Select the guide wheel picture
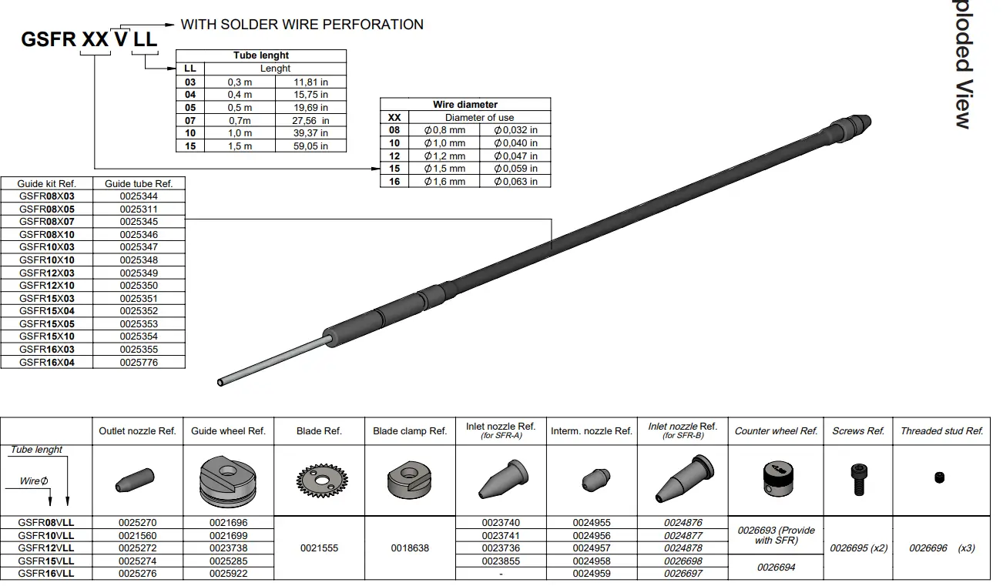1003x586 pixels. click(228, 480)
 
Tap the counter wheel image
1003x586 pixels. click(775, 479)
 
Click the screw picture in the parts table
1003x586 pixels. click(858, 479)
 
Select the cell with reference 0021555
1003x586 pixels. click(318, 548)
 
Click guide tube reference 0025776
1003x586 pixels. click(139, 362)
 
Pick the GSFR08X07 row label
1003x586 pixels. click(47, 222)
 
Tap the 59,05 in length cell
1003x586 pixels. click(311, 146)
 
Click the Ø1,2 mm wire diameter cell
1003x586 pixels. click(444, 156)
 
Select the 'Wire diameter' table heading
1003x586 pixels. click(465, 104)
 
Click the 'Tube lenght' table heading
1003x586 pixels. click(261, 55)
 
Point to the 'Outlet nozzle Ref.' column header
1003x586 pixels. click(137, 431)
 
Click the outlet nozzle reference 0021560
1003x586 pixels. click(137, 535)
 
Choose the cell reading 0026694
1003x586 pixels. click(775, 567)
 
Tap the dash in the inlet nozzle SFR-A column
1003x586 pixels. click(501, 574)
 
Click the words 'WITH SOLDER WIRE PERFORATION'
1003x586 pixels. click(302, 25)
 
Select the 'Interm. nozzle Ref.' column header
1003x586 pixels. click(591, 431)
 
